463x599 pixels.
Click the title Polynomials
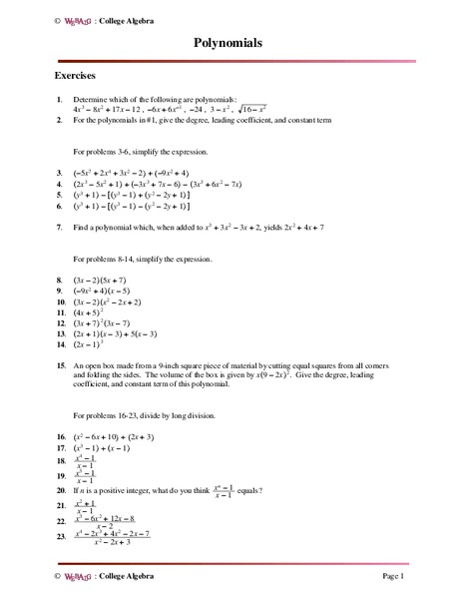point(231,45)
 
